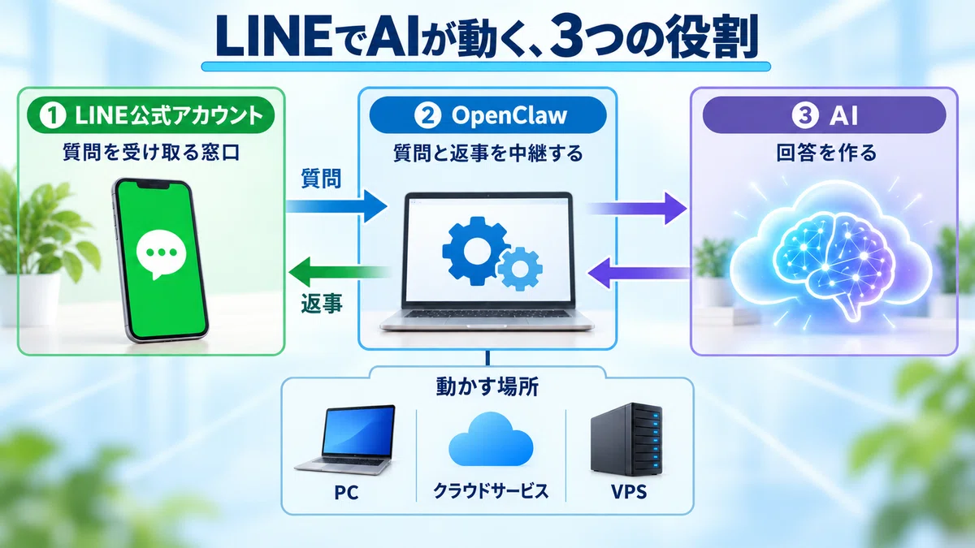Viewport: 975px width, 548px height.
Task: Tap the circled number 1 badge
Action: (x=52, y=115)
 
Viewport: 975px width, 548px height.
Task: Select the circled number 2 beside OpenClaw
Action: (x=428, y=115)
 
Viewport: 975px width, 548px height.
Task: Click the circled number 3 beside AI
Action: (x=805, y=115)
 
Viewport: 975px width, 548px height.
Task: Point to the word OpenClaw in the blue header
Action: (x=509, y=115)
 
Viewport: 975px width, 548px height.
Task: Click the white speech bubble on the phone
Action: (x=161, y=257)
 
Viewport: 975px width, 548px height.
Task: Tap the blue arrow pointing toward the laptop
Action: (x=336, y=206)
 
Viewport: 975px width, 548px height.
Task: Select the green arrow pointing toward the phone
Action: (x=339, y=273)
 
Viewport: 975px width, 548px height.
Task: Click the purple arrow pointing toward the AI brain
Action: (x=637, y=209)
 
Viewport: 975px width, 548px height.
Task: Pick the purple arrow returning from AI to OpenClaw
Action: (x=638, y=273)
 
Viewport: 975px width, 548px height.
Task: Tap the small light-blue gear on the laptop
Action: (x=520, y=269)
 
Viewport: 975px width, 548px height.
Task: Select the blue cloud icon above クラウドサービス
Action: (x=491, y=439)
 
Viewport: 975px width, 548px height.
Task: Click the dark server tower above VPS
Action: (x=626, y=439)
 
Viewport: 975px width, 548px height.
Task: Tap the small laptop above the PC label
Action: (x=344, y=440)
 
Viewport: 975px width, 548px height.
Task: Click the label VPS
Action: (x=629, y=492)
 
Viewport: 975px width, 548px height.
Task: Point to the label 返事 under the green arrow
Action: (x=322, y=303)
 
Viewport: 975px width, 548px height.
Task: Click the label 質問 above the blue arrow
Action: (x=321, y=179)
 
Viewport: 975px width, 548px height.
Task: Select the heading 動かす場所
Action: (x=487, y=386)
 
